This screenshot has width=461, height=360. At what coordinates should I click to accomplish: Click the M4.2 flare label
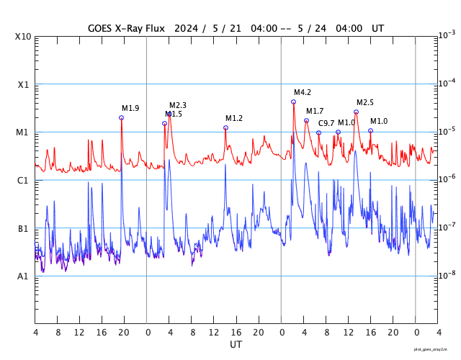click(303, 93)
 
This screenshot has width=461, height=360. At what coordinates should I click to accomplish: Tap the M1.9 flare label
click(130, 109)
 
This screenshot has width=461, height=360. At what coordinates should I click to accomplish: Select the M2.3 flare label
click(178, 106)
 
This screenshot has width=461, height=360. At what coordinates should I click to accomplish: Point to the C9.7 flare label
click(326, 123)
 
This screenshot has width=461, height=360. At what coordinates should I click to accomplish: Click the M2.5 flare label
click(365, 103)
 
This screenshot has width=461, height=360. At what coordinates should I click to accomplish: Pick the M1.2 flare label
click(234, 118)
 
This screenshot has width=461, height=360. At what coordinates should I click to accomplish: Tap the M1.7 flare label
click(315, 112)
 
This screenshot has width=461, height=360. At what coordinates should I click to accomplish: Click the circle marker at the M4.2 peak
click(293, 102)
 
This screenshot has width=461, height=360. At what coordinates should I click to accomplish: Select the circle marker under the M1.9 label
click(121, 117)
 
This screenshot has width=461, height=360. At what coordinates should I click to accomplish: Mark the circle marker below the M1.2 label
click(225, 127)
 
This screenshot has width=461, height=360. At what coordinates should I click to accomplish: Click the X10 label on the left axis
click(23, 37)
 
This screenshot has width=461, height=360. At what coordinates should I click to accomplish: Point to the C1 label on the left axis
click(23, 181)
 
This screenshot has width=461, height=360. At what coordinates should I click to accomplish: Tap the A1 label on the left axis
click(23, 276)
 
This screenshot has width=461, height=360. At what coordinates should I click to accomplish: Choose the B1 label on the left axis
click(23, 229)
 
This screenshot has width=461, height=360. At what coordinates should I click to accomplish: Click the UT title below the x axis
click(236, 345)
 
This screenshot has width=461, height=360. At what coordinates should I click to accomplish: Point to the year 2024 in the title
click(187, 28)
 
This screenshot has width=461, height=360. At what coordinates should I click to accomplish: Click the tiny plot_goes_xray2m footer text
click(436, 349)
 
